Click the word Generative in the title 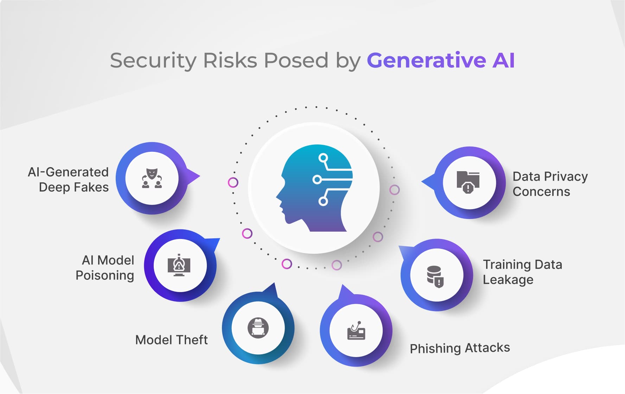point(426,60)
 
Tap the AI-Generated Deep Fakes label point(68,180)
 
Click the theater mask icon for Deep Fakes point(152,178)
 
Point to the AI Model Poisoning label point(105,268)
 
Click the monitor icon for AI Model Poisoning point(179,265)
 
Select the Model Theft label point(171,340)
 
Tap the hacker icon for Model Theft point(258,328)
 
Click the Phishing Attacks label point(460,348)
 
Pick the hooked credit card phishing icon point(356,330)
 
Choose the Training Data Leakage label point(522,272)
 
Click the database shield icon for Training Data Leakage point(435,277)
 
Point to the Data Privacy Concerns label point(550,184)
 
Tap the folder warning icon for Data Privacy point(468,182)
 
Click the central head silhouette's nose point(277,196)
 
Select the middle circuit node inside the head point(317,180)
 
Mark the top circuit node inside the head point(323,158)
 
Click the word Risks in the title point(230,60)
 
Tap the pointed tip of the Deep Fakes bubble point(200,176)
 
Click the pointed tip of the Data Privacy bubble point(422,182)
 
